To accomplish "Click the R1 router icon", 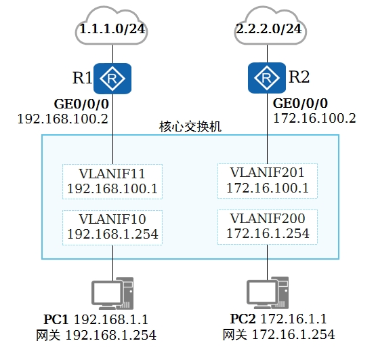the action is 112,79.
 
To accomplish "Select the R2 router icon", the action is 267,78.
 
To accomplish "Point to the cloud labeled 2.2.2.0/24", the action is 270,26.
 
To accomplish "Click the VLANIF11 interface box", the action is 112,182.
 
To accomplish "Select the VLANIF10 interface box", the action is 112,228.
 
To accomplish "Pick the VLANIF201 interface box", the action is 268,181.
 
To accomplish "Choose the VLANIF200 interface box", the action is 268,227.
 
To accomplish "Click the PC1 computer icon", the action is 112,294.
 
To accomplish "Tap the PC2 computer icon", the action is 268,293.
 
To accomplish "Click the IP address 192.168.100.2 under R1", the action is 63,119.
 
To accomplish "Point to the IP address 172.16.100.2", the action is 314,119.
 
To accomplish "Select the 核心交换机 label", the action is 190,127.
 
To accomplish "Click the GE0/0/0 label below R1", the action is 81,104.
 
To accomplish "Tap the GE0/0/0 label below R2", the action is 301,104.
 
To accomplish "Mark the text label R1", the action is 82,78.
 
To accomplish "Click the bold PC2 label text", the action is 243,319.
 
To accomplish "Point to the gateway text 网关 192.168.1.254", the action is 96,335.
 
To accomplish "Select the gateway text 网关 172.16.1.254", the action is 278,334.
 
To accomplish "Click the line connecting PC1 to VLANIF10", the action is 112,263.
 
